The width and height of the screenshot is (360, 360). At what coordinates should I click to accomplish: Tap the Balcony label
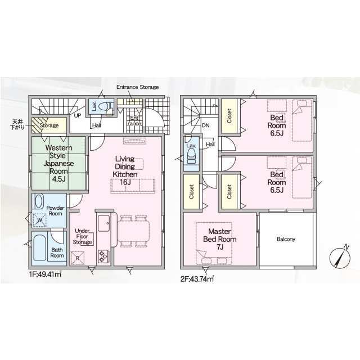[x=286, y=239]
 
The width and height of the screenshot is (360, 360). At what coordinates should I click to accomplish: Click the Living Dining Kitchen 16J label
[x=125, y=167]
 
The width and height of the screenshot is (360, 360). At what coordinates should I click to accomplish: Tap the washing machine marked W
[x=39, y=220]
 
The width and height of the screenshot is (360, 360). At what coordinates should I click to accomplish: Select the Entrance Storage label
[x=137, y=88]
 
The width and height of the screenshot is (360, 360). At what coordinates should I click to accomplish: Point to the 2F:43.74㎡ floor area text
[x=197, y=277]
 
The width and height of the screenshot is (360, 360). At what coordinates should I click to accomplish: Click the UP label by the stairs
[x=77, y=115]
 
